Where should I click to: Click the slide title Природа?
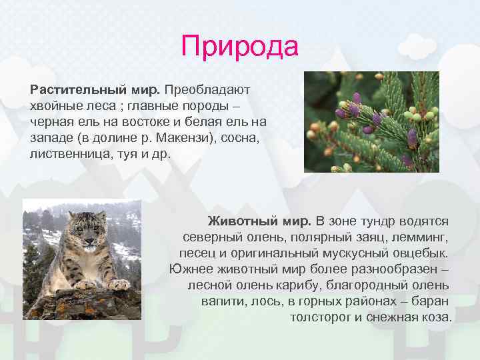[x=239, y=47]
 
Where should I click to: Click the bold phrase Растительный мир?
[x=95, y=89]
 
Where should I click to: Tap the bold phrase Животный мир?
[x=259, y=221]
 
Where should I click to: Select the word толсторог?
[x=321, y=317]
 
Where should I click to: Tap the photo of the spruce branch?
[x=371, y=122]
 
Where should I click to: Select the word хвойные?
[x=55, y=105]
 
